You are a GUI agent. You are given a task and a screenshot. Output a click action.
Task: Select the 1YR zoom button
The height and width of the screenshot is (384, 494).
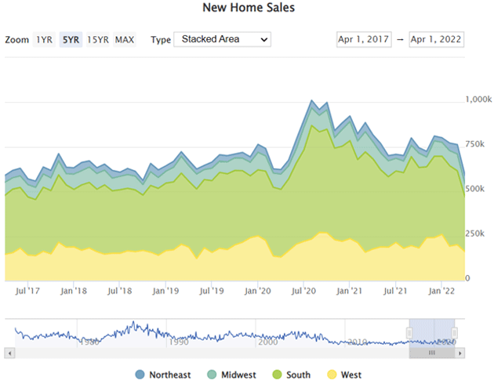(44, 39)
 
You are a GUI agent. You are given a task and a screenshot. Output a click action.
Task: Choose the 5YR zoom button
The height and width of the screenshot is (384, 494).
(71, 39)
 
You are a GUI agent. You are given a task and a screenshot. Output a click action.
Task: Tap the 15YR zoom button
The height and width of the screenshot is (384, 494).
(98, 39)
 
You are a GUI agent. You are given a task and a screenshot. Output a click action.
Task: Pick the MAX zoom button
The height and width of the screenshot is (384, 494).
(125, 39)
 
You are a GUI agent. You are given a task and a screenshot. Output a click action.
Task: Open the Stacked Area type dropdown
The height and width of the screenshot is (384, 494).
(221, 39)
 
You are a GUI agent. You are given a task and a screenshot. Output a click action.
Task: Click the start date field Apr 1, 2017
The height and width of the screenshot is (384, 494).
(363, 39)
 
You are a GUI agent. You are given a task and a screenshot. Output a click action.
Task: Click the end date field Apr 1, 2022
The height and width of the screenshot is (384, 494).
(436, 39)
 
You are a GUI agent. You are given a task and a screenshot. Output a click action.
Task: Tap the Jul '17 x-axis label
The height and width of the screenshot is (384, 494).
(27, 290)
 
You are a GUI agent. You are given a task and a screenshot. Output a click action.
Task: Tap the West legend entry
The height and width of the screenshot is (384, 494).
(346, 375)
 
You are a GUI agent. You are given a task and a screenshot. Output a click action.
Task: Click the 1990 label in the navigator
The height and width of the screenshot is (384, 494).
(178, 342)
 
